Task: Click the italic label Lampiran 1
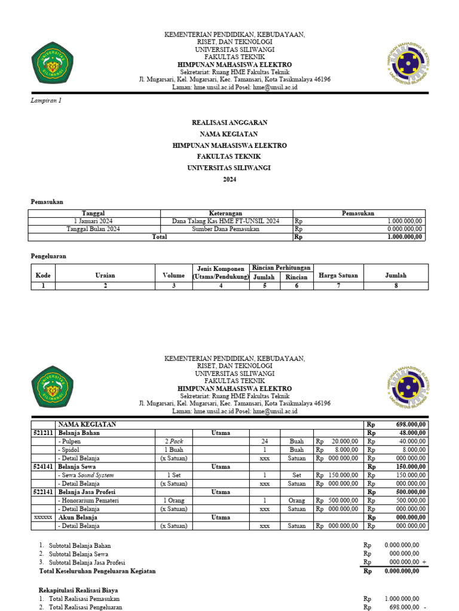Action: [46, 101]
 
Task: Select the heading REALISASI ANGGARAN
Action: [229, 122]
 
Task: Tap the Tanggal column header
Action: [93, 213]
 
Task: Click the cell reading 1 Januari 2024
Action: [93, 221]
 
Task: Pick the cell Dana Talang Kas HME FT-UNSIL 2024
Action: [225, 221]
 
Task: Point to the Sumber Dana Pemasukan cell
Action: [225, 229]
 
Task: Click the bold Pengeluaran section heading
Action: [48, 256]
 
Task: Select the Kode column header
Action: [43, 275]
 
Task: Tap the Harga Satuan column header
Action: [338, 275]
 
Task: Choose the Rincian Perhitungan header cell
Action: [280, 267]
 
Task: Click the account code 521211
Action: [42, 433]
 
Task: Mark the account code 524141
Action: [42, 467]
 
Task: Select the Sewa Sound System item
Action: [86, 475]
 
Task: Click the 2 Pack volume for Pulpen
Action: [174, 442]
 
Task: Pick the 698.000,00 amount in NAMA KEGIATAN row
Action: [403, 424]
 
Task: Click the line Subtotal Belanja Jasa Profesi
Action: [87, 562]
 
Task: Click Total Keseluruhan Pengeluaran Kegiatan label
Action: [97, 571]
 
